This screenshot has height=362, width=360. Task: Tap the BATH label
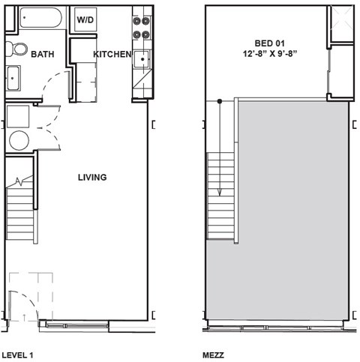point(42,54)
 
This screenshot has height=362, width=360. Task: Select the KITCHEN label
point(112,55)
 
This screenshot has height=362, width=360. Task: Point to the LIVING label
point(91,178)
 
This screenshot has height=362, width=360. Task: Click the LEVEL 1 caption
point(16,354)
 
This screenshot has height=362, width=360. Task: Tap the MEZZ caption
point(214,354)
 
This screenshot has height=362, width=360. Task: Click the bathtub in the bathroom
point(41,18)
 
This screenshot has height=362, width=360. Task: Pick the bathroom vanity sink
point(13,76)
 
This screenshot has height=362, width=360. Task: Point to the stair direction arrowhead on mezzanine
point(220,193)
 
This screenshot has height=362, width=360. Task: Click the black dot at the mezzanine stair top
point(220,100)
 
